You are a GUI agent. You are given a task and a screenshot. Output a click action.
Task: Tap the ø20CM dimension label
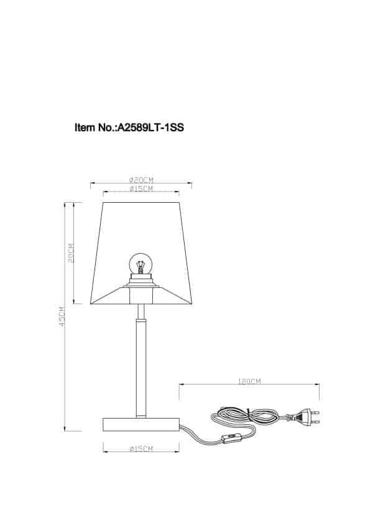point(141,179)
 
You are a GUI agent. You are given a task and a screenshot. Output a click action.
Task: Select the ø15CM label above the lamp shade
point(141,188)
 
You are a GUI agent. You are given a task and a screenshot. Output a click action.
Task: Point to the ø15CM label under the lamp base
point(141,448)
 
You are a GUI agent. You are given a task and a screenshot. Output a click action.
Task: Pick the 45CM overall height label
point(62,317)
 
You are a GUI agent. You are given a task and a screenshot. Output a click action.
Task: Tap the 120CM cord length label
point(249,381)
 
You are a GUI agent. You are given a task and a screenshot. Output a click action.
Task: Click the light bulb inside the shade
point(140,265)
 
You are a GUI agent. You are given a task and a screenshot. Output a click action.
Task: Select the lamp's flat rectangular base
point(140,425)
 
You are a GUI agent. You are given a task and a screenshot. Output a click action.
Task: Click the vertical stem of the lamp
point(140,367)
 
